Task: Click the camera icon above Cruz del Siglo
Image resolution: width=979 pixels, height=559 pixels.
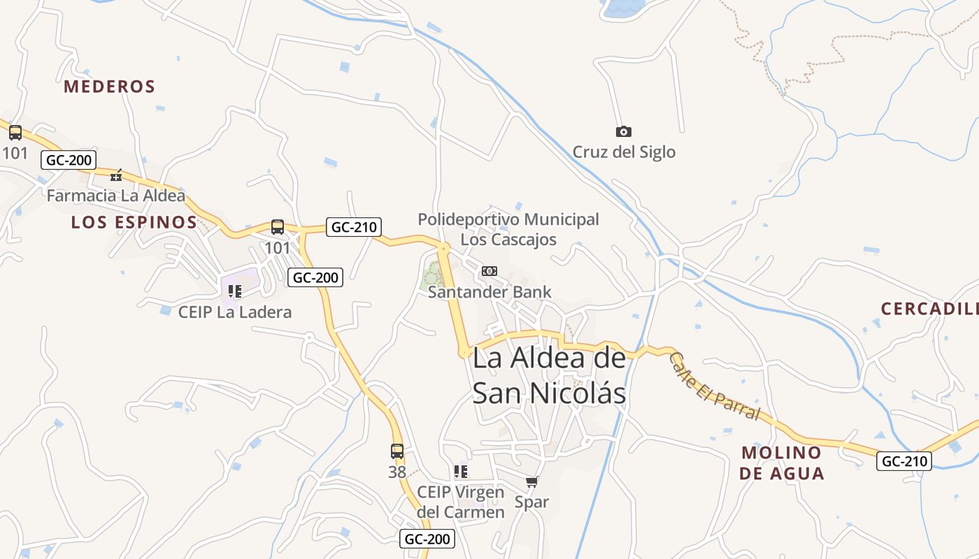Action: (623, 131)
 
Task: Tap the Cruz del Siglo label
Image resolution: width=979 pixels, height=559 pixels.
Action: (624, 152)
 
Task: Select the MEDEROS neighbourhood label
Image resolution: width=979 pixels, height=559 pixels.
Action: (109, 87)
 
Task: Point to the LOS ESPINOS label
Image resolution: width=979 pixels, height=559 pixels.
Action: (134, 222)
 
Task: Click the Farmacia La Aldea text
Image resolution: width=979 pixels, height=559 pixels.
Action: (115, 196)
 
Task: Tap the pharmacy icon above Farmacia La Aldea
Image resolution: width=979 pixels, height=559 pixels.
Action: (117, 175)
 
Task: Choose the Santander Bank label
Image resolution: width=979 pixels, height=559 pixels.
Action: (489, 291)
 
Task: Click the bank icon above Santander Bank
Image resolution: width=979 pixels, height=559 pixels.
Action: (489, 270)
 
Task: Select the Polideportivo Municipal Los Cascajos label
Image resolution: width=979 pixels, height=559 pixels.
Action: (508, 229)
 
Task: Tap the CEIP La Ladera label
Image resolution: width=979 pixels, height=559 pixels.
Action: (234, 312)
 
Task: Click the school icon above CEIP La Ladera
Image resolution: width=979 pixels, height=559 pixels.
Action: (234, 291)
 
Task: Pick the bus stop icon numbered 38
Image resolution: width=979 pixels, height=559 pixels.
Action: (397, 451)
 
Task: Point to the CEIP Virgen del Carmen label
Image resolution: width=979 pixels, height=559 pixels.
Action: (460, 502)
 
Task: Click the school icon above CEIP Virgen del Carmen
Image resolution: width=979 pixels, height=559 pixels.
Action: (460, 472)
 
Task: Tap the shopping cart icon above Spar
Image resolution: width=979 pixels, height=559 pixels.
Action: (532, 481)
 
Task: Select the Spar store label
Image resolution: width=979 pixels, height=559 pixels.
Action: (531, 502)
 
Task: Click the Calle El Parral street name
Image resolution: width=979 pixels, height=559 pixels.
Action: (713, 386)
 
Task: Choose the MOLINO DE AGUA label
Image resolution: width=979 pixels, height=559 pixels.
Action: (782, 463)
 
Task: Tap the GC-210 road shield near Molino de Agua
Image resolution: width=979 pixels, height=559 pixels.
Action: (904, 460)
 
